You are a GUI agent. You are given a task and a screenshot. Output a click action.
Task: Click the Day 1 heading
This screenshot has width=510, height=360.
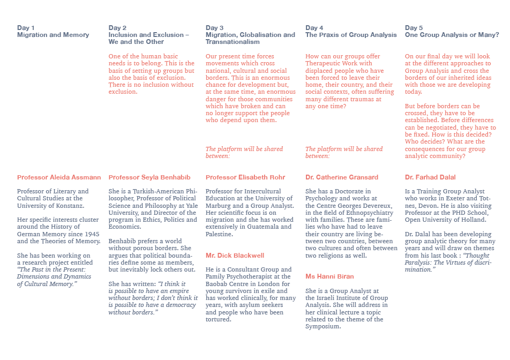(26, 28)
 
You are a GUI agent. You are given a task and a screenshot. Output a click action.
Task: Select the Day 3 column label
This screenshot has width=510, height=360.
(214, 28)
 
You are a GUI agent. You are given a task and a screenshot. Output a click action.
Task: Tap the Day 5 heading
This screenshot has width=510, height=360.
(414, 28)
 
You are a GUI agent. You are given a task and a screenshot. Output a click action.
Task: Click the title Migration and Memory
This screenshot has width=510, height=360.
(53, 35)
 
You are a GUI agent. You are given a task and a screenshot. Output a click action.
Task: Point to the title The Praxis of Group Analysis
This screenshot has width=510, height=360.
(351, 35)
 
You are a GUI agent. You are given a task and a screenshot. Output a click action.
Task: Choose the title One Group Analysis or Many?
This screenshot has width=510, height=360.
(452, 35)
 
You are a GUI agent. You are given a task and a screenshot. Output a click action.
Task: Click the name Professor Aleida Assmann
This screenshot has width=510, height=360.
(59, 177)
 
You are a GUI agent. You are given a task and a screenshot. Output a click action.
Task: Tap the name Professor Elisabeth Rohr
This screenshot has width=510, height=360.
(245, 177)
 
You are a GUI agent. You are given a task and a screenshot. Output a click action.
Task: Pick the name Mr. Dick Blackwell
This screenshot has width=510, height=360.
(235, 256)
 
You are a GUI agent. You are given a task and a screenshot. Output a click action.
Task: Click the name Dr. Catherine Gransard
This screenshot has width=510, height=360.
(342, 177)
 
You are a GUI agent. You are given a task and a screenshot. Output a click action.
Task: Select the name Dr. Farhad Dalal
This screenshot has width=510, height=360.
(430, 177)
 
